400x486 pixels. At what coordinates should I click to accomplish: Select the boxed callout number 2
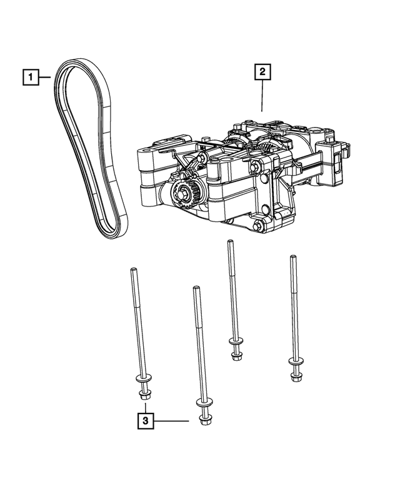click(x=262, y=73)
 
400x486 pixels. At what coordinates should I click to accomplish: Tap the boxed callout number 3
click(x=144, y=421)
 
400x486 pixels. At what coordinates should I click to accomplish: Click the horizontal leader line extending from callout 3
click(x=171, y=421)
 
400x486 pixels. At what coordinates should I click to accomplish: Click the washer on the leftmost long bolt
click(x=141, y=380)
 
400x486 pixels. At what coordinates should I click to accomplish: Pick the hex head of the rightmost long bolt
click(x=296, y=374)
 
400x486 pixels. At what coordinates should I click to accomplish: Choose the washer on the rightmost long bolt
click(x=295, y=362)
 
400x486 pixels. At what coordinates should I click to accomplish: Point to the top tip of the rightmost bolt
click(x=291, y=257)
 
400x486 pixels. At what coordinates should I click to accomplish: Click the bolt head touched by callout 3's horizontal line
click(x=203, y=420)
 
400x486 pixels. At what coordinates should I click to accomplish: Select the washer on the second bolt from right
click(x=236, y=345)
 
